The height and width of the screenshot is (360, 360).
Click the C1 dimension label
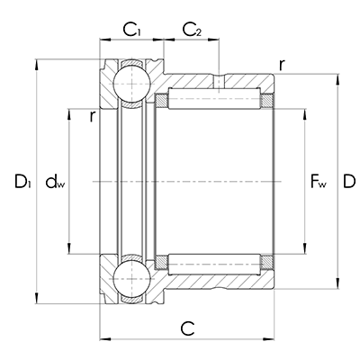[x=132, y=31]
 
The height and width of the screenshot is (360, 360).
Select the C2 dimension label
[x=192, y=31]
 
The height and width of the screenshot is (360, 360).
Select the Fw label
[x=318, y=185]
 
